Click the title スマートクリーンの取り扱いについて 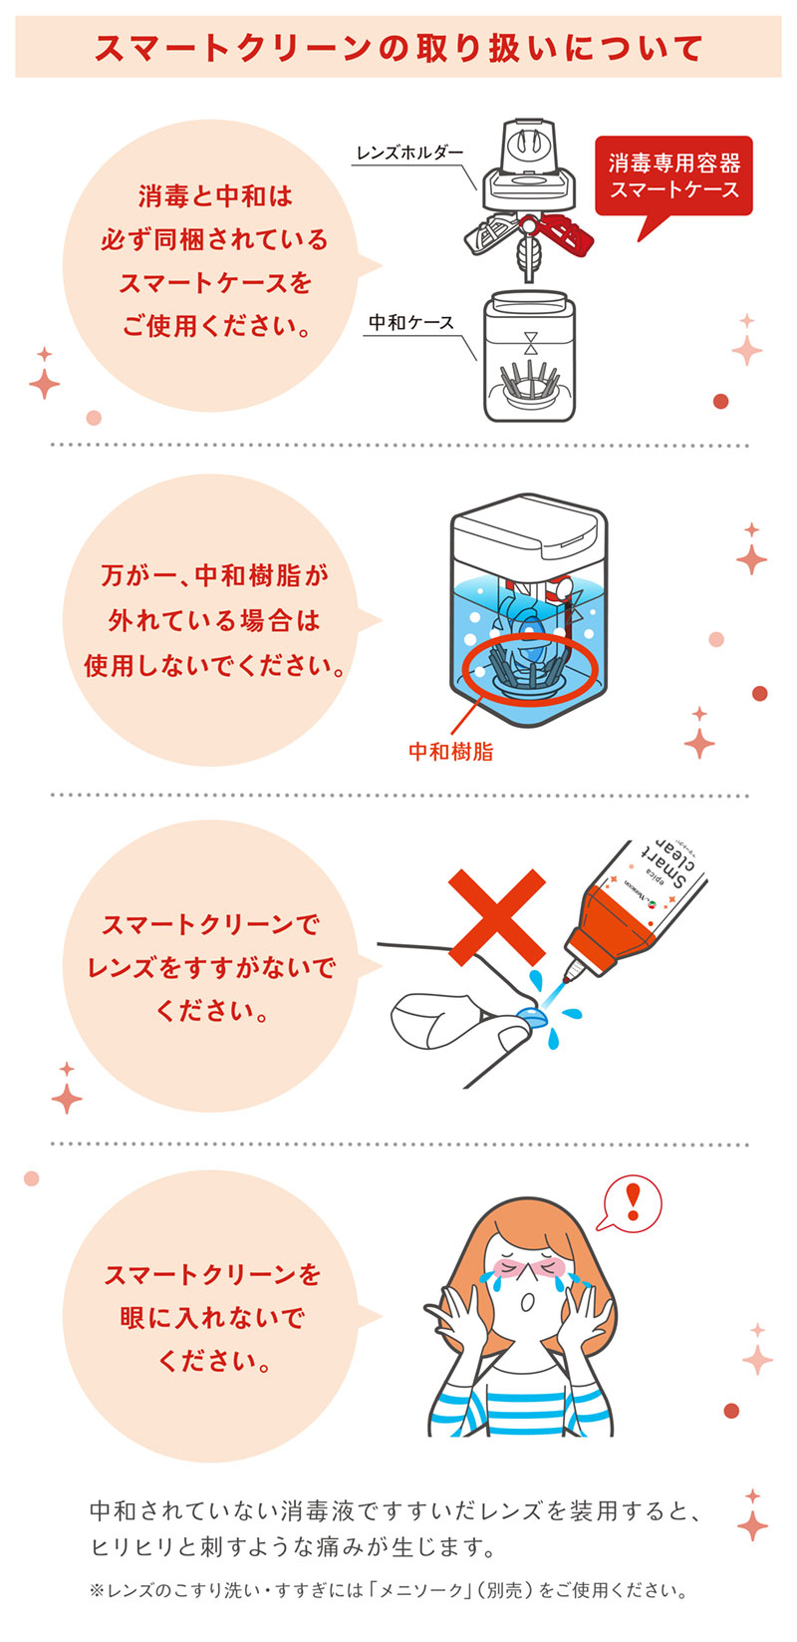pyautogui.click(x=398, y=48)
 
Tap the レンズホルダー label pyautogui.click(x=409, y=153)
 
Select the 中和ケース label pyautogui.click(x=411, y=322)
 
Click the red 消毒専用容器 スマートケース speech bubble pyautogui.click(x=673, y=175)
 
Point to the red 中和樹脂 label pyautogui.click(x=451, y=751)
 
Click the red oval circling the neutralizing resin pyautogui.click(x=528, y=667)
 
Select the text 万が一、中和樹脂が pyautogui.click(x=214, y=575)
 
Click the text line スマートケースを pyautogui.click(x=214, y=283)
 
